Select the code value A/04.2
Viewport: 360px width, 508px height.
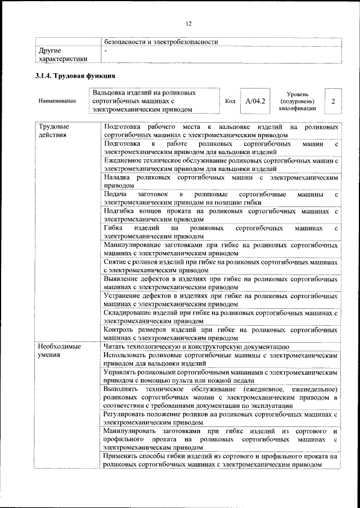point(255,101)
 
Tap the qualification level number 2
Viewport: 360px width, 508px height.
point(334,101)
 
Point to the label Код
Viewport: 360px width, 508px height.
point(229,101)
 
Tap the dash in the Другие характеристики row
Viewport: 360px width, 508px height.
point(106,51)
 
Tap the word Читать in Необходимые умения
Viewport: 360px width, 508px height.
point(115,347)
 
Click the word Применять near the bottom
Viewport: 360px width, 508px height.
point(125,457)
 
